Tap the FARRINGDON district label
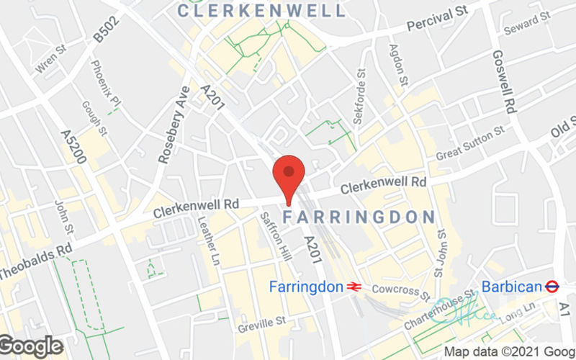359,217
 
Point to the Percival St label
438,20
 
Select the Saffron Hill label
271,236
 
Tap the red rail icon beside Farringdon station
354,287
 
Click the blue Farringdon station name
306,287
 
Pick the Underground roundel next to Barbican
553,287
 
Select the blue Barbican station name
511,287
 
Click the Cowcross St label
400,291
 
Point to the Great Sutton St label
470,143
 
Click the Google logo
32,346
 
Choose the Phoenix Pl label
100,81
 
